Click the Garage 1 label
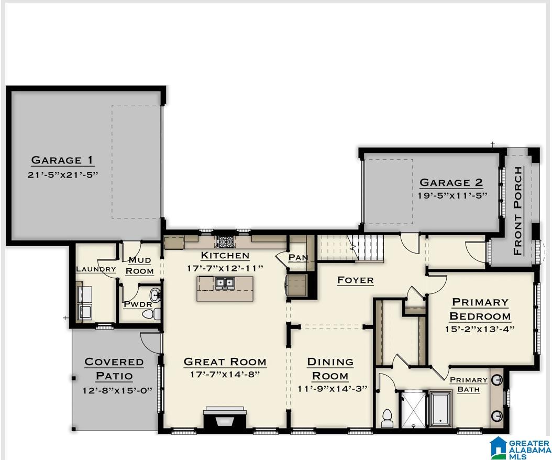[63, 160]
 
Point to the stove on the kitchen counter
[225, 242]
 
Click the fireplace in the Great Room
[225, 419]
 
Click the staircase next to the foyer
[351, 247]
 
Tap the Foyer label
[356, 280]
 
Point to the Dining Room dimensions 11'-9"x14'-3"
[330, 388]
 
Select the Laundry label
[96, 269]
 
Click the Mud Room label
[140, 266]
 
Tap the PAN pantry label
[298, 258]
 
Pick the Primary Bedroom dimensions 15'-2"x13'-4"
[480, 329]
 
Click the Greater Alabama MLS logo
[519, 448]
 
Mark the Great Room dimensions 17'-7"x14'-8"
[225, 375]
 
